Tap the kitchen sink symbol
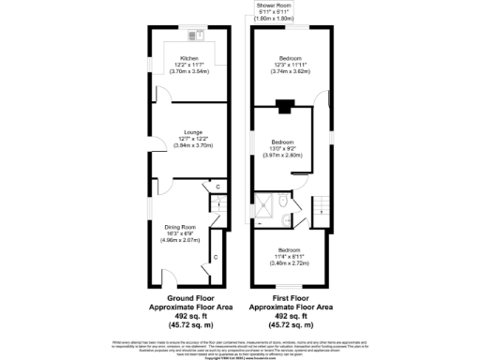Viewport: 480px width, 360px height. [x=196, y=37]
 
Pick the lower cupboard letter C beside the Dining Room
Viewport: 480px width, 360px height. [x=215, y=256]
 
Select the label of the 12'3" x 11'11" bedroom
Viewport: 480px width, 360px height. [x=290, y=57]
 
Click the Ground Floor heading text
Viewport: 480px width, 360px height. [x=187, y=299]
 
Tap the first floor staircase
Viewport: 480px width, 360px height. [x=322, y=205]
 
